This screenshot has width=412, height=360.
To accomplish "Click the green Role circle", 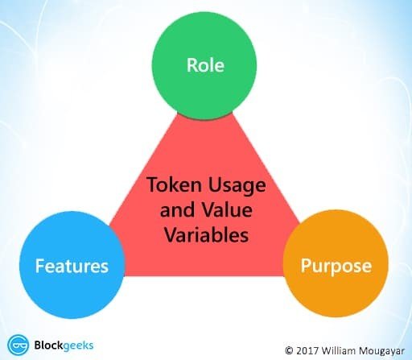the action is tap(204, 69).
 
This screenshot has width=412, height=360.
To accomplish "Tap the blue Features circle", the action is tap(72, 265).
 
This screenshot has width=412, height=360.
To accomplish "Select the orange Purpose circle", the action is tap(336, 263).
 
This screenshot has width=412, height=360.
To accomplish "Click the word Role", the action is tap(205, 65).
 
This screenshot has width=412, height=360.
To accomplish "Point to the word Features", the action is tap(72, 266).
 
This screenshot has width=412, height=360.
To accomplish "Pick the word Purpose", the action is tap(336, 266).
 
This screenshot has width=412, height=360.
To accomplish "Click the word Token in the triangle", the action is tap(175, 184).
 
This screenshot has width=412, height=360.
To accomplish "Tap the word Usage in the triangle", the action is tap(237, 185).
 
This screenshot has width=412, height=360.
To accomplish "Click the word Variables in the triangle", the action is tap(206, 234).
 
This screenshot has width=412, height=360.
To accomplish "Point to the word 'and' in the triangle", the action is tap(177, 209).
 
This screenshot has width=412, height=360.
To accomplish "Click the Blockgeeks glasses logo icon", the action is tap(19, 346).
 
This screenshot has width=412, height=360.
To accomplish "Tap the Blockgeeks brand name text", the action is tap(64, 346).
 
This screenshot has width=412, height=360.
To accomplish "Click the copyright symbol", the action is tap(289, 350).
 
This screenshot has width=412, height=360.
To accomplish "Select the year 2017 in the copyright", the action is tap(307, 350).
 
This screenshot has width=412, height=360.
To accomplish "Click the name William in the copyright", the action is tap(339, 350).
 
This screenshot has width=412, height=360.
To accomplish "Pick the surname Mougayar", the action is tap(381, 351).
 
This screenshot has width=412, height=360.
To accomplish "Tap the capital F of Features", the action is tap(39, 266).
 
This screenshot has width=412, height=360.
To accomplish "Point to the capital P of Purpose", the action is tap(306, 266).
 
